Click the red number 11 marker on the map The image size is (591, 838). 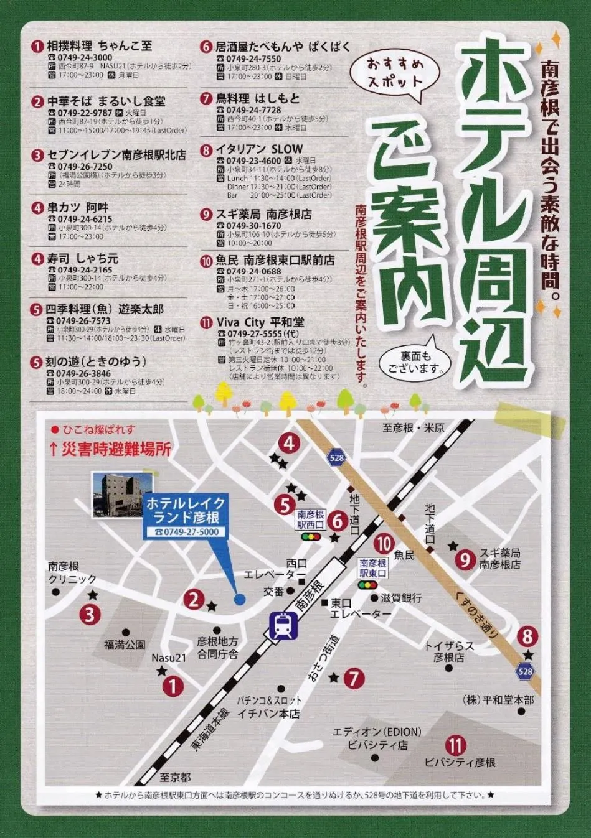[x=456, y=745]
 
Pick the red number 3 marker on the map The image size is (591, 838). [x=90, y=615]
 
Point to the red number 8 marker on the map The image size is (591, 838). [x=527, y=636]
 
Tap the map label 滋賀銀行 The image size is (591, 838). [x=401, y=598]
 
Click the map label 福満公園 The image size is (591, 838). [x=125, y=645]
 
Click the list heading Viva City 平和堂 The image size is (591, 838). [x=260, y=322]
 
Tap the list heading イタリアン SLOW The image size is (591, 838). [x=259, y=149]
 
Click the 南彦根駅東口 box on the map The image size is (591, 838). [x=373, y=568]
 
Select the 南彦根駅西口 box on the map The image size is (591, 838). [x=311, y=519]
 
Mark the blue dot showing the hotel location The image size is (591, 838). [x=240, y=599]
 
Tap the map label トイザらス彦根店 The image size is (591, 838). [x=449, y=651]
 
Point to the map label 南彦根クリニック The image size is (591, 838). [x=72, y=573]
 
